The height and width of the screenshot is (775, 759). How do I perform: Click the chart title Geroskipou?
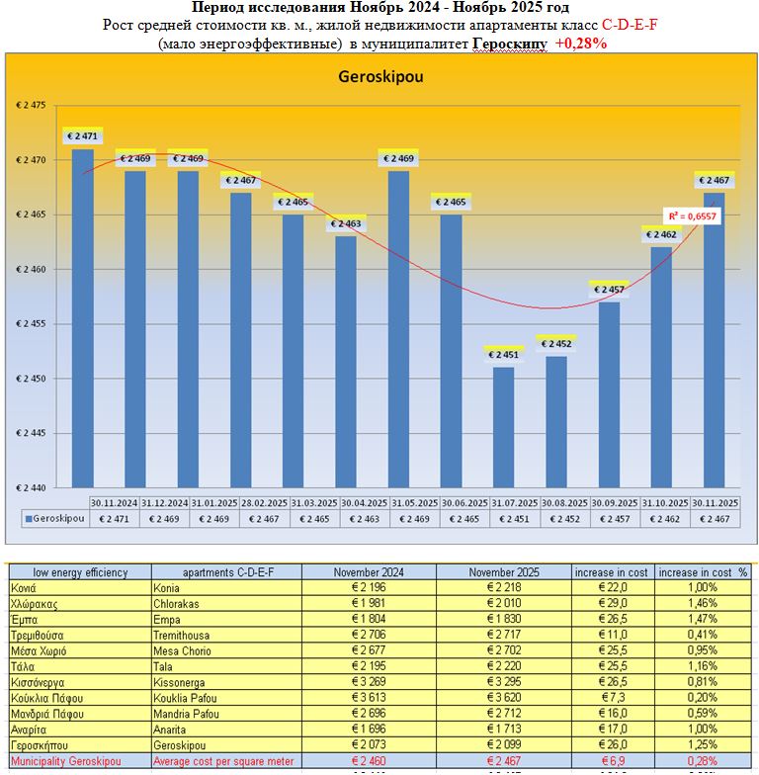click(380, 76)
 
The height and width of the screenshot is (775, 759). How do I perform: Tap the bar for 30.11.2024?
click(83, 316)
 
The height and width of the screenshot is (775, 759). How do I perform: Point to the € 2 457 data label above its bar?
click(609, 290)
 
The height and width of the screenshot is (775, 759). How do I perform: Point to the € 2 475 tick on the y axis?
click(38, 105)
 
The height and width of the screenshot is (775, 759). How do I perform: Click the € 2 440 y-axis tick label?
click(38, 487)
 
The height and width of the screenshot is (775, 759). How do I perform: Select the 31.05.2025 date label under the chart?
click(403, 502)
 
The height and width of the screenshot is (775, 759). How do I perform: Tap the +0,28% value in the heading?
click(581, 43)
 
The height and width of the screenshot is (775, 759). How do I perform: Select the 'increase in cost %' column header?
click(705, 571)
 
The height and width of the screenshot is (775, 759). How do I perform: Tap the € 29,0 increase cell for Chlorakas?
click(614, 602)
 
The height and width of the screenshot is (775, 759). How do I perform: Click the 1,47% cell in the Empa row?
click(705, 618)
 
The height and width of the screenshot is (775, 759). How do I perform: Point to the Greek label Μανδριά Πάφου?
click(44, 712)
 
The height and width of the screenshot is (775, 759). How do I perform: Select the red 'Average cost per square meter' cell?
click(225, 761)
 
